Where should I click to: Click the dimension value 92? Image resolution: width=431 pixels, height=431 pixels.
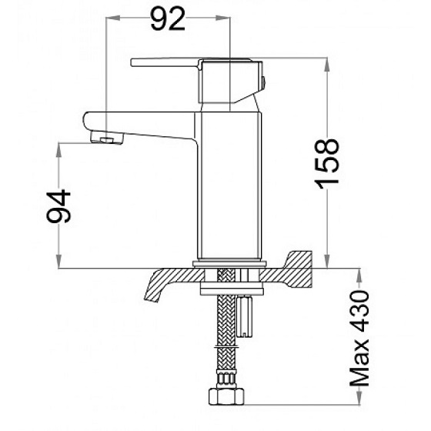(168, 19)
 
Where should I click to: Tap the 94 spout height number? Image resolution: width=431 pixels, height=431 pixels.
(59, 206)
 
